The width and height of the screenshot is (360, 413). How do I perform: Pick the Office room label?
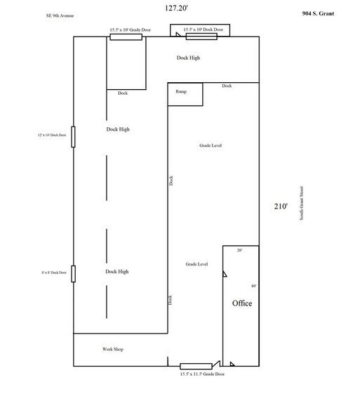(x=242, y=303)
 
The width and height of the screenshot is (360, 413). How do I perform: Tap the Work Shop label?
(x=113, y=349)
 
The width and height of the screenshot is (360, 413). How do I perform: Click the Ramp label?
(x=180, y=91)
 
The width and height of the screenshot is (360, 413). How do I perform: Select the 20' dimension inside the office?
(x=239, y=251)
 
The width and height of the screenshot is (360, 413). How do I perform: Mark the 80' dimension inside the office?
(x=253, y=287)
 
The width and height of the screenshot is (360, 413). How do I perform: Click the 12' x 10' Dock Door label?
(x=53, y=135)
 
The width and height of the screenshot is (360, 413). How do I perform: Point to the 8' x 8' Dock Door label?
(x=55, y=273)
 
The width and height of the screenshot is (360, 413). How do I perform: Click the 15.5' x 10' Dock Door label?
(x=203, y=29)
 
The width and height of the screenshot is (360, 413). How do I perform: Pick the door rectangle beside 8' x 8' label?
(x=74, y=273)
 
